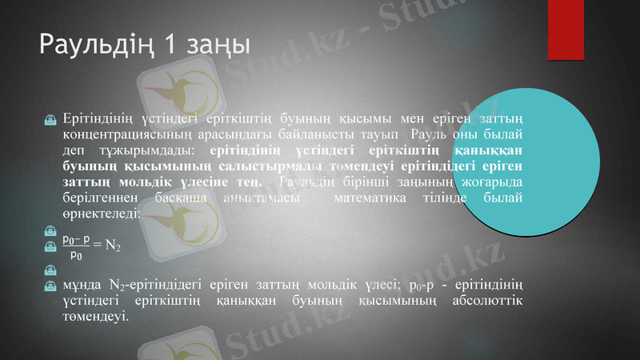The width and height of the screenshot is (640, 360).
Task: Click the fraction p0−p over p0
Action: tap(76, 246)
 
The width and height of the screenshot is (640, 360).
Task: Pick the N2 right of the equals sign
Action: tap(113, 246)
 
